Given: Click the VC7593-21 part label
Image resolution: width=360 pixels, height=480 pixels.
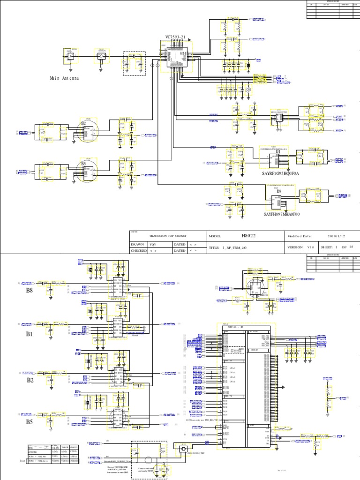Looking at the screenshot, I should [x=175, y=37].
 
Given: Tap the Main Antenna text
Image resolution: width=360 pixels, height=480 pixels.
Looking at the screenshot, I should [x=64, y=78].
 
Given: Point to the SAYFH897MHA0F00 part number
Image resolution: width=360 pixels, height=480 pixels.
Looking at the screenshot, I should [x=282, y=214].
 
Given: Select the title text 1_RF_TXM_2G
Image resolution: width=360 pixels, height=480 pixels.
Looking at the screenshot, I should [x=234, y=247].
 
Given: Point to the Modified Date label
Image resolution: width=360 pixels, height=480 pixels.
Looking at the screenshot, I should [x=300, y=237].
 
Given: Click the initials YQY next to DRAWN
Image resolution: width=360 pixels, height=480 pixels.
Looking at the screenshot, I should [x=153, y=244].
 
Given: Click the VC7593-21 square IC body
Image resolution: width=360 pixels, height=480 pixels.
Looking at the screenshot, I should [x=176, y=59].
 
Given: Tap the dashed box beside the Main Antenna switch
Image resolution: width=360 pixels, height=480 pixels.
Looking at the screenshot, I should [x=134, y=63].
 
